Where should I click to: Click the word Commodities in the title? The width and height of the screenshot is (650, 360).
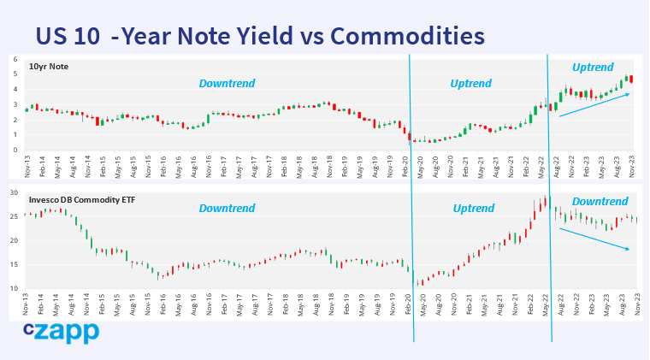coord(407,36)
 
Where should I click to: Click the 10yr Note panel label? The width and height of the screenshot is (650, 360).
coord(49,66)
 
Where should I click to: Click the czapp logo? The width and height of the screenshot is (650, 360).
coord(61,332)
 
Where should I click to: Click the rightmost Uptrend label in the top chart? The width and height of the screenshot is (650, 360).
coord(593,66)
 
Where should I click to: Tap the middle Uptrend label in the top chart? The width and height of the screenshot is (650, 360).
coord(470,84)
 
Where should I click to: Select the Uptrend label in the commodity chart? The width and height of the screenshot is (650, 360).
coord(473,208)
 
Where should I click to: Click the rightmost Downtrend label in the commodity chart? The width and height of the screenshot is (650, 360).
coord(600,202)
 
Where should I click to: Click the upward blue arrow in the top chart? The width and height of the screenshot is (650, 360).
coord(594,104)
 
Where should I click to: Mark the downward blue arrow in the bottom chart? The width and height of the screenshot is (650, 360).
coord(594,239)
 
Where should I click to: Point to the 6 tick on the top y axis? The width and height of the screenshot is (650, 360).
coord(15,59)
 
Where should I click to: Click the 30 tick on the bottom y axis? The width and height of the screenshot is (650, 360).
coord(14,193)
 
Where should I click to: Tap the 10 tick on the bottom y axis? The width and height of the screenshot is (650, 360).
coord(14,289)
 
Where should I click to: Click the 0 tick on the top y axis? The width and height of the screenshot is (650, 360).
coord(15,150)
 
